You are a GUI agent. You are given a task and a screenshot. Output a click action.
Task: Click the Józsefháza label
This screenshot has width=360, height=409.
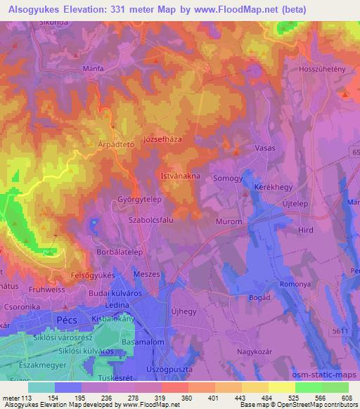pyautogui.click(x=162, y=139)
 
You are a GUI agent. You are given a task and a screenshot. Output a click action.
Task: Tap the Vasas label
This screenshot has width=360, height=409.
pyautogui.click(x=264, y=148)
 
